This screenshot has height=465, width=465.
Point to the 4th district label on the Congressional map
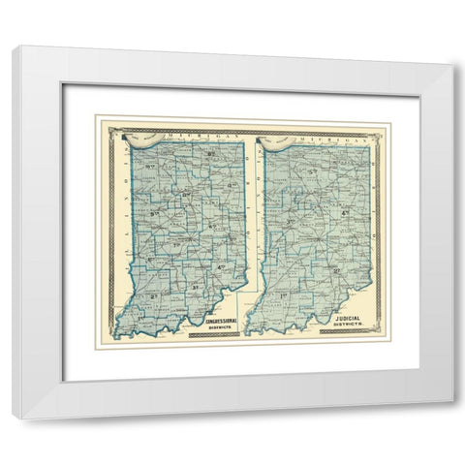221,266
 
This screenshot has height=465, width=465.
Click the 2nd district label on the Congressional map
153,294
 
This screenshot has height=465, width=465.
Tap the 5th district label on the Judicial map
313,174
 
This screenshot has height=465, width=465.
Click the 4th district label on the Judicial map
345,213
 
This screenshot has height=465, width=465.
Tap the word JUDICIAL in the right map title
342,316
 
